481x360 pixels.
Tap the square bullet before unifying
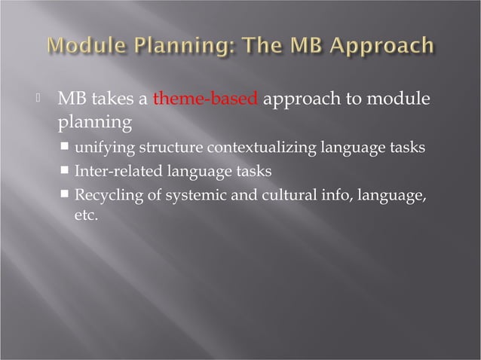click(x=66, y=146)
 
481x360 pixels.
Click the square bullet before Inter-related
click(x=66, y=171)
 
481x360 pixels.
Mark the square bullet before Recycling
click(x=66, y=196)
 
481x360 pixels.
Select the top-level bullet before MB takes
click(x=45, y=99)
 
